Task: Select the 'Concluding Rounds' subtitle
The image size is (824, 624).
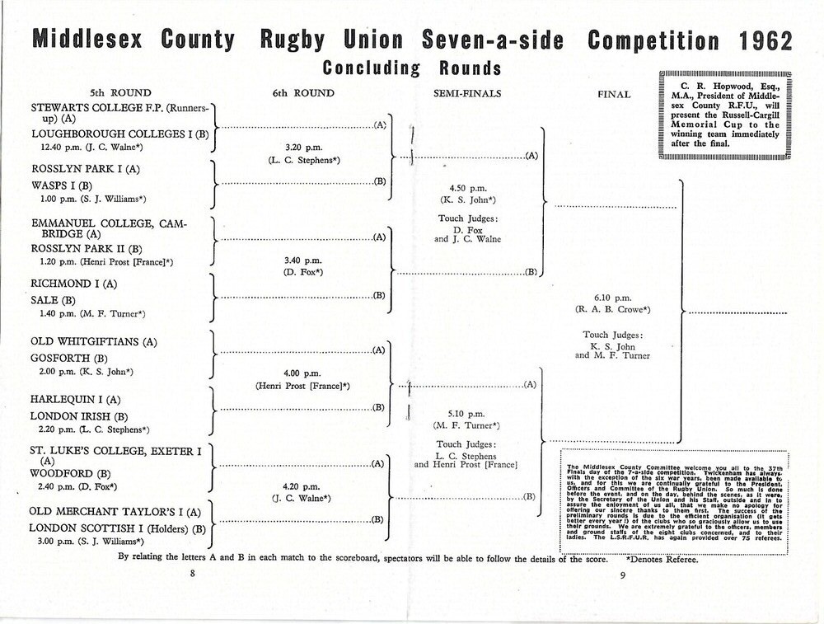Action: tap(412, 68)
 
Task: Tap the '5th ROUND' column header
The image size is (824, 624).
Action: tap(119, 93)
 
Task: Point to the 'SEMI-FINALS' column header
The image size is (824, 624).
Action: tap(467, 93)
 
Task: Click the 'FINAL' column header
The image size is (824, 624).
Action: tap(614, 94)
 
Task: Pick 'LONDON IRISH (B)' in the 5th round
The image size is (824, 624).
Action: tap(79, 416)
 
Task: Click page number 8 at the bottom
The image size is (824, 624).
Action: tap(192, 575)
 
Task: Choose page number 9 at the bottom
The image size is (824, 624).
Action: tap(623, 575)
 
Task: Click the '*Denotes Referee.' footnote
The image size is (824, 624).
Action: tap(662, 560)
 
